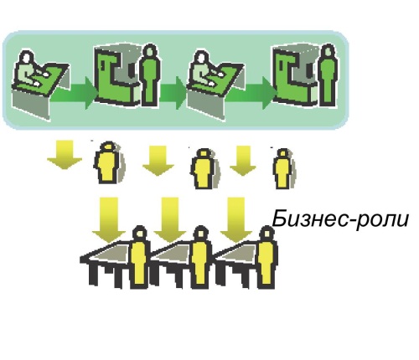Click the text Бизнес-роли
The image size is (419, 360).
[x=340, y=219]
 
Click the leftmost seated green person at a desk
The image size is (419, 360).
[x=28, y=69]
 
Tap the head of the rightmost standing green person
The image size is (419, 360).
[x=328, y=51]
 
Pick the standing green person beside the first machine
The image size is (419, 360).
[x=150, y=75]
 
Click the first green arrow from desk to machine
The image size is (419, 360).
[x=73, y=93]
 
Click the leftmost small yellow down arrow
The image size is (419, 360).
[x=65, y=155]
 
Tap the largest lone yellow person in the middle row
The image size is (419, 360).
[x=108, y=162]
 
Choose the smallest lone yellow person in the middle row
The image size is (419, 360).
[x=282, y=169]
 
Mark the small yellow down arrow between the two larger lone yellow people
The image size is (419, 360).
[x=158, y=161]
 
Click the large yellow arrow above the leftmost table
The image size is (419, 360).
[x=109, y=219]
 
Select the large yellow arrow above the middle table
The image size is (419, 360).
[x=170, y=219]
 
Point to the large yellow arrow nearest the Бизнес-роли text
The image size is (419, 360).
[x=236, y=219]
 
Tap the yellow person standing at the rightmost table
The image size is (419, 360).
[x=267, y=257]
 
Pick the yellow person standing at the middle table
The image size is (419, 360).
[x=200, y=257]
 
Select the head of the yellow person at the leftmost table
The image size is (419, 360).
[x=139, y=234]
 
